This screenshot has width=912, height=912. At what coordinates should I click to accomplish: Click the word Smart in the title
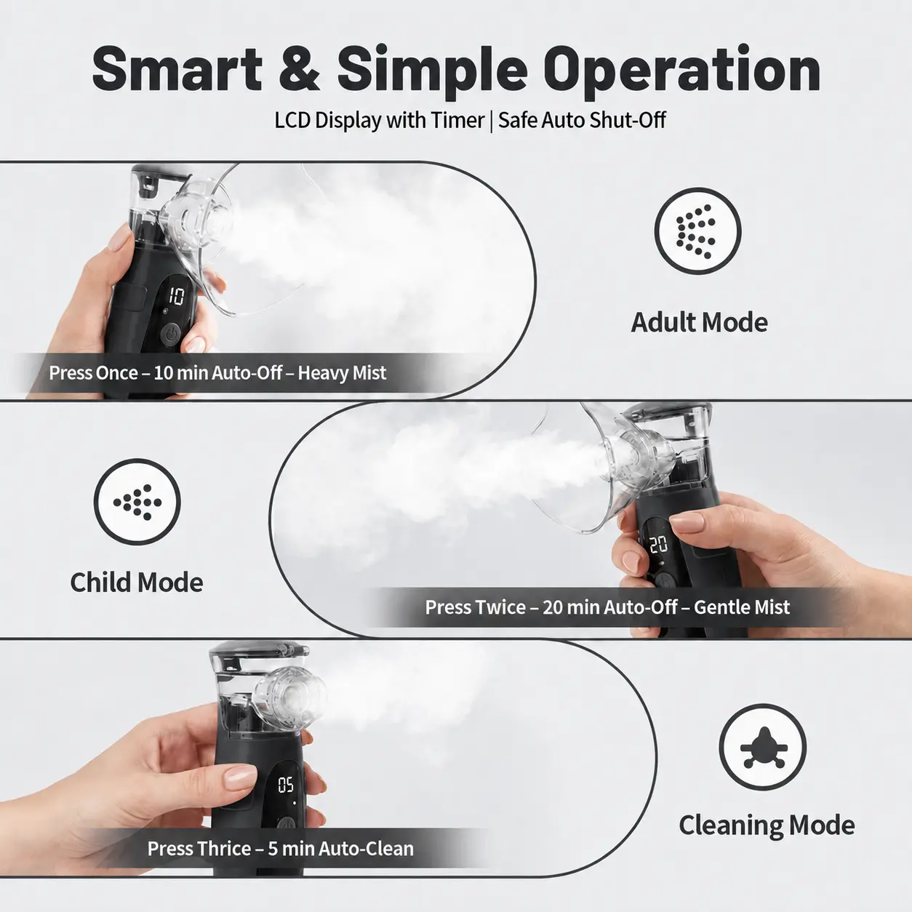pos(177,69)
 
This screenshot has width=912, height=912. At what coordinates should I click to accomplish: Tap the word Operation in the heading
pos(681,72)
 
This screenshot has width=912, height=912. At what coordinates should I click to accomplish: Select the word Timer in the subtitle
pos(457,120)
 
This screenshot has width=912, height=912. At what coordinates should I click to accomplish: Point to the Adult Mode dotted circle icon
pos(697,231)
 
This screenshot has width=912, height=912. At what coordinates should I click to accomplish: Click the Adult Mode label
pos(699,322)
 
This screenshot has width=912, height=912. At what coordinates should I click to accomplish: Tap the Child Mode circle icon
pos(137,502)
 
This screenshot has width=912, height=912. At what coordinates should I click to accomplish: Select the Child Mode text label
pos(136,582)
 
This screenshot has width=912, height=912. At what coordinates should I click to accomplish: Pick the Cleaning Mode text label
pos(767,825)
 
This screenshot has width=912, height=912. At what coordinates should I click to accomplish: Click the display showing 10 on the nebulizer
pos(177,297)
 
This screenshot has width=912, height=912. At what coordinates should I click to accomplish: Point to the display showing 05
pos(286,785)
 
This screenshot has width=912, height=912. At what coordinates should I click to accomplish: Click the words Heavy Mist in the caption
pos(342,373)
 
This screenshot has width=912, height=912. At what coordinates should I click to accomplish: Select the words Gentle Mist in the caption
pos(742,607)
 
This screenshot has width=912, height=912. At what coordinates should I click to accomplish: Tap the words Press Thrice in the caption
pos(199,849)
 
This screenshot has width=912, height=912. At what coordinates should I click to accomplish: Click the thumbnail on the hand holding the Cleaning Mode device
pos(240,778)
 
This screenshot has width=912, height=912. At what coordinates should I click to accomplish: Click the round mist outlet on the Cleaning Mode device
pos(292,695)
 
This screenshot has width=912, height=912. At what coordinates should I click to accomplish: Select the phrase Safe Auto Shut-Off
pos(582,120)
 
